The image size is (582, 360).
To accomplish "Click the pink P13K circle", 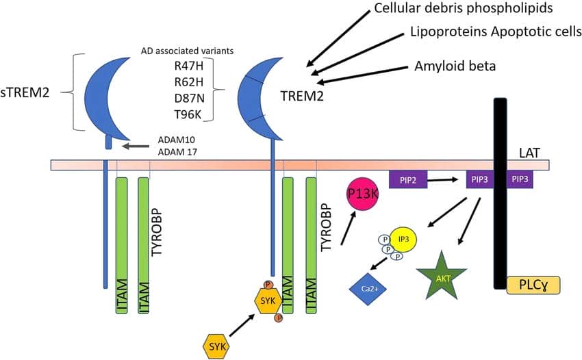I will (x=364, y=194).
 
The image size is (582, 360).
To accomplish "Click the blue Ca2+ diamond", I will (x=368, y=288).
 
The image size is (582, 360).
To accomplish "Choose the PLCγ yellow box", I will (x=533, y=285).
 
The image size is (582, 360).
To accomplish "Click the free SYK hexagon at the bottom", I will (x=215, y=346).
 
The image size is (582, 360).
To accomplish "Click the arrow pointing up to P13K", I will (x=347, y=229).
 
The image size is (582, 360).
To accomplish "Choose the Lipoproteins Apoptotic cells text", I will (x=496, y=31).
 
